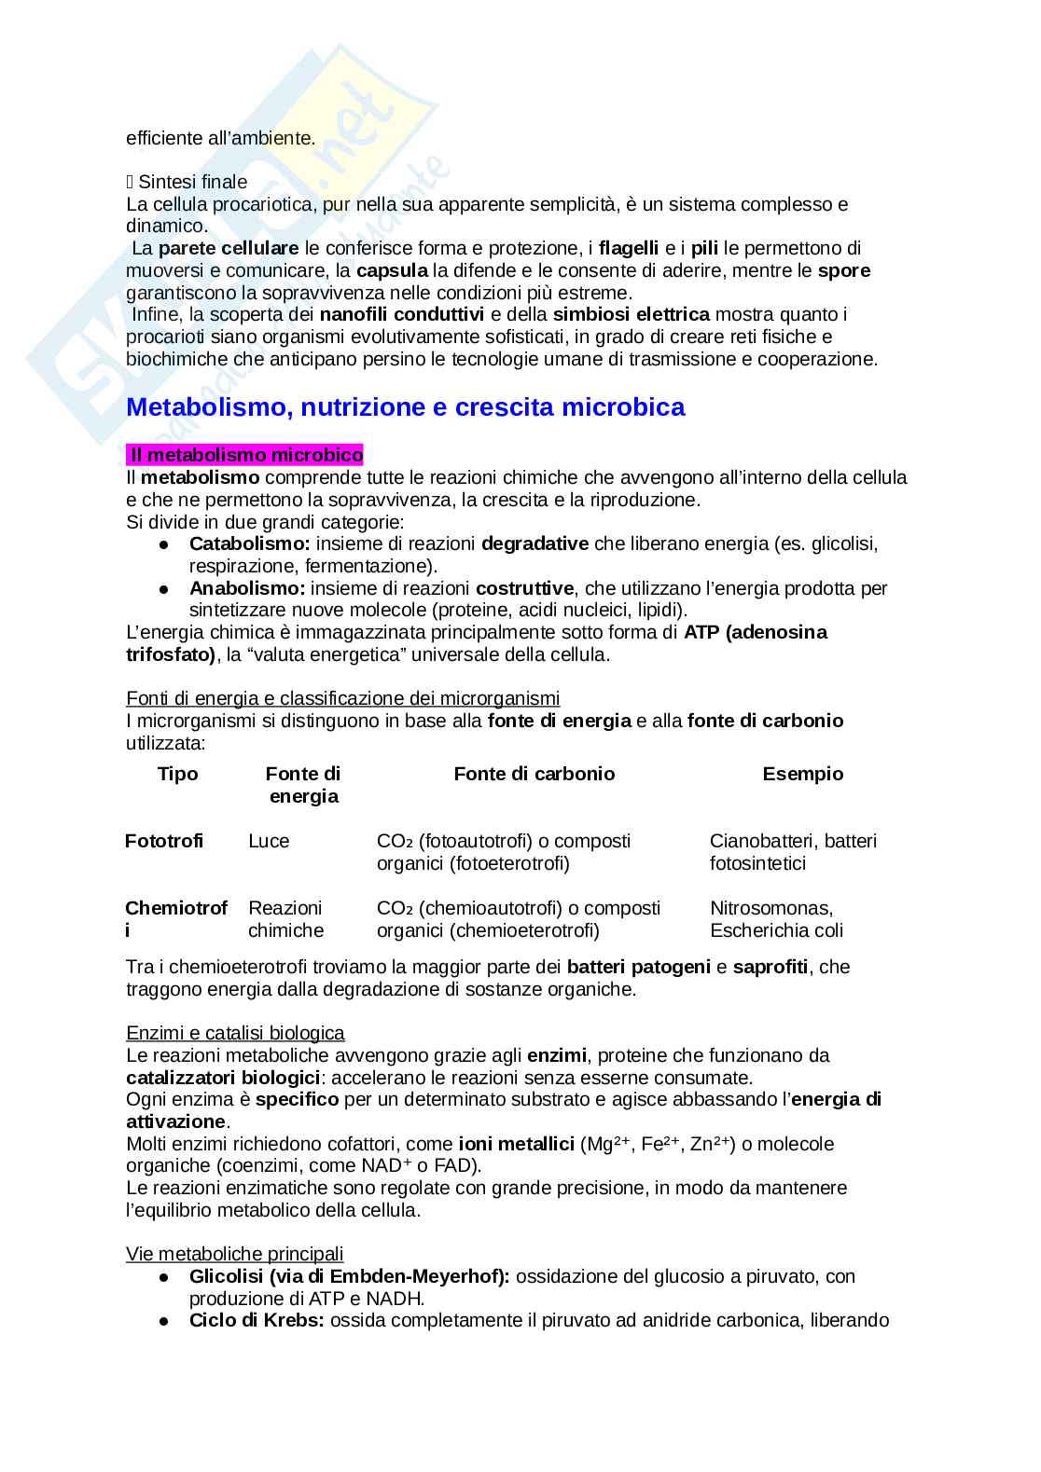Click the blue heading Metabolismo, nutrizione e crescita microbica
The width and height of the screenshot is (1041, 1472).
coord(406,407)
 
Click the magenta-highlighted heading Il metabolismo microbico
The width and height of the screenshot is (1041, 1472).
coord(245,455)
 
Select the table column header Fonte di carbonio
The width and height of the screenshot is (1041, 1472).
coord(534,774)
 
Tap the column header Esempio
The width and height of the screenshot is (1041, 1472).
coord(802,774)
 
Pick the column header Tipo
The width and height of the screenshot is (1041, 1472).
coord(177,774)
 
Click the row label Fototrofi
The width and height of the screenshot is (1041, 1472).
coord(164,841)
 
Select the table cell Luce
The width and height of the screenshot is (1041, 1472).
coord(269,841)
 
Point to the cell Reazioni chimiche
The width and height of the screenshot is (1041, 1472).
coord(285,919)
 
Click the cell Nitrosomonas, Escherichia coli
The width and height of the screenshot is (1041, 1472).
coord(776,919)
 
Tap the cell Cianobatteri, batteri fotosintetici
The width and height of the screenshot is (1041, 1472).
coord(793,852)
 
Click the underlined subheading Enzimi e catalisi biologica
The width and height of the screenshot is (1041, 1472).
coord(235,1033)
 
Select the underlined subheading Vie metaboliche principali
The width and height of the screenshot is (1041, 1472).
coord(235,1254)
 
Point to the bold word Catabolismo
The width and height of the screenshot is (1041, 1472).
coord(249,543)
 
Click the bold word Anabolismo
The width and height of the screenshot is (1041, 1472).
coord(247,588)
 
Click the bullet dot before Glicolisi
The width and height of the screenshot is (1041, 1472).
coord(164,1277)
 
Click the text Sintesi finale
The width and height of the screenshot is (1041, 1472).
coord(192,182)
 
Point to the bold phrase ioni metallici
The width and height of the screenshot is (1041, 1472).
coord(516,1144)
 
